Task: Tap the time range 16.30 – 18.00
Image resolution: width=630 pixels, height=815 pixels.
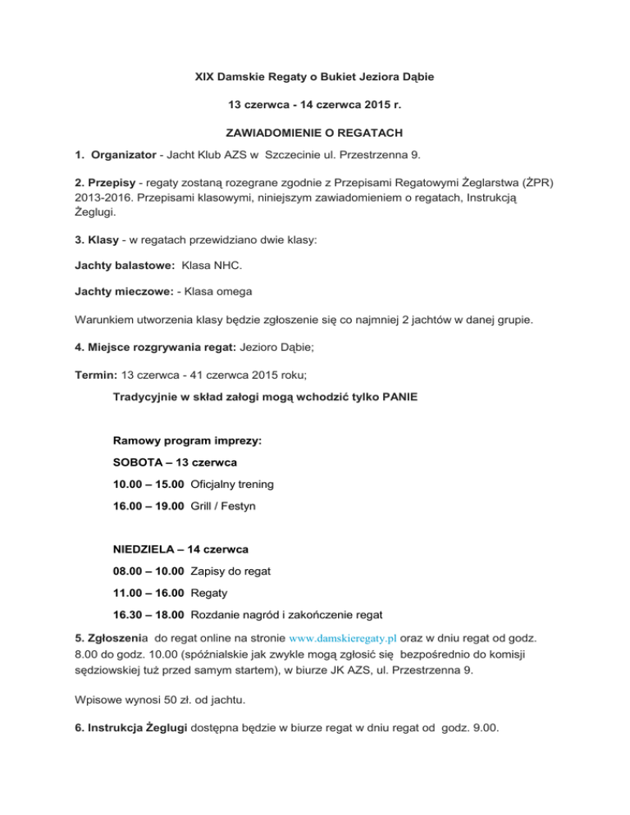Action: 148,615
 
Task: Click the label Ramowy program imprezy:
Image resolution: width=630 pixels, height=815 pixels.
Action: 187,440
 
